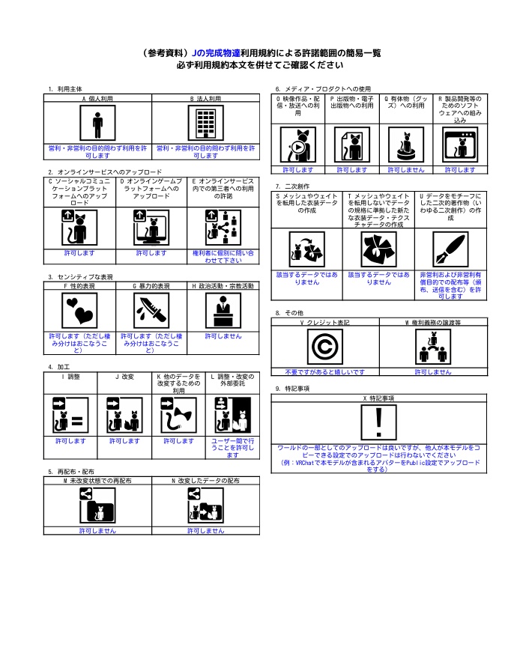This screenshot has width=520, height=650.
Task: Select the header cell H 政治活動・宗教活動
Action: pos(223,285)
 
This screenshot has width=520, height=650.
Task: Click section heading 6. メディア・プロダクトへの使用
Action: pos(323,88)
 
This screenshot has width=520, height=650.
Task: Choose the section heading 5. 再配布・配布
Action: pos(72,472)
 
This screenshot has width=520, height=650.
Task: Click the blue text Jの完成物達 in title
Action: pos(216,53)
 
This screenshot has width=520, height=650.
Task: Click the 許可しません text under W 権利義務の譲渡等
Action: pos(432,371)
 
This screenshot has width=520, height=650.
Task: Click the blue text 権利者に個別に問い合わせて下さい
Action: pos(224,257)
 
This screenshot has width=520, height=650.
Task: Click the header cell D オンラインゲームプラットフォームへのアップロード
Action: pos(152,192)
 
